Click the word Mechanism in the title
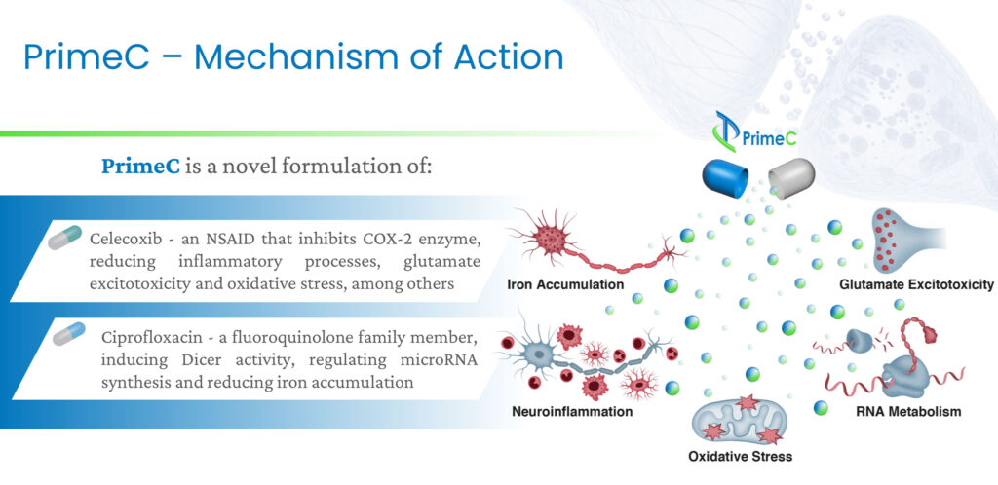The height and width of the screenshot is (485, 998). [296, 57]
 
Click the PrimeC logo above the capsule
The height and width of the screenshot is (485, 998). [754, 132]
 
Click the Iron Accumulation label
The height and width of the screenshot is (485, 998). [565, 284]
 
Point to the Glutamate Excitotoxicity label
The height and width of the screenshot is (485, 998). [916, 284]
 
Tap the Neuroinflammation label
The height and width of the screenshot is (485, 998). [572, 411]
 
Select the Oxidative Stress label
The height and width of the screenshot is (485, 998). [741, 456]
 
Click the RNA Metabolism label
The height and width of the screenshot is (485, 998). [908, 411]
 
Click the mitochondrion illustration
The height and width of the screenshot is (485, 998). [741, 420]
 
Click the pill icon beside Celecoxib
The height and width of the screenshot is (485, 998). [64, 238]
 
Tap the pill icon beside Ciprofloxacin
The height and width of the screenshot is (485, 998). [69, 334]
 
